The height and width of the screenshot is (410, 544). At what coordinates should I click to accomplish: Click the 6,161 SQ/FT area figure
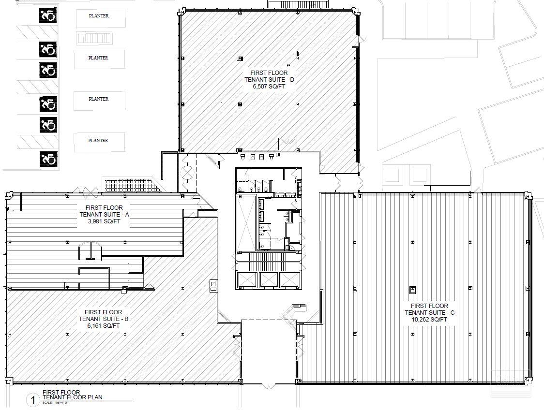click(x=103, y=326)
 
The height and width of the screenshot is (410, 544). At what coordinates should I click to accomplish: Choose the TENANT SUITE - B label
click(x=103, y=319)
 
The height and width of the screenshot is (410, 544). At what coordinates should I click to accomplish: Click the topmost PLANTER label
click(x=99, y=16)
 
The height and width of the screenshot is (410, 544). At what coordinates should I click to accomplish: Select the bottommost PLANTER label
click(x=99, y=141)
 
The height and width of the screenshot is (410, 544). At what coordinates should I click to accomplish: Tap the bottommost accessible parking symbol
click(x=48, y=158)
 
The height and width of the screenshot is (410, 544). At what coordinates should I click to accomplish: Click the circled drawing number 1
click(x=33, y=400)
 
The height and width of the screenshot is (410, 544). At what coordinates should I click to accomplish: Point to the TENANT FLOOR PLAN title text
click(x=72, y=397)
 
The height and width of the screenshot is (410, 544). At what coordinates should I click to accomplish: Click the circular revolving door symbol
click(x=187, y=173)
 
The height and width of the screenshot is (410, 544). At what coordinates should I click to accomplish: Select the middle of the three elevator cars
click(x=269, y=279)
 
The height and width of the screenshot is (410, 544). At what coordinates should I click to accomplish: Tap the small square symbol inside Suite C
click(x=413, y=290)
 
